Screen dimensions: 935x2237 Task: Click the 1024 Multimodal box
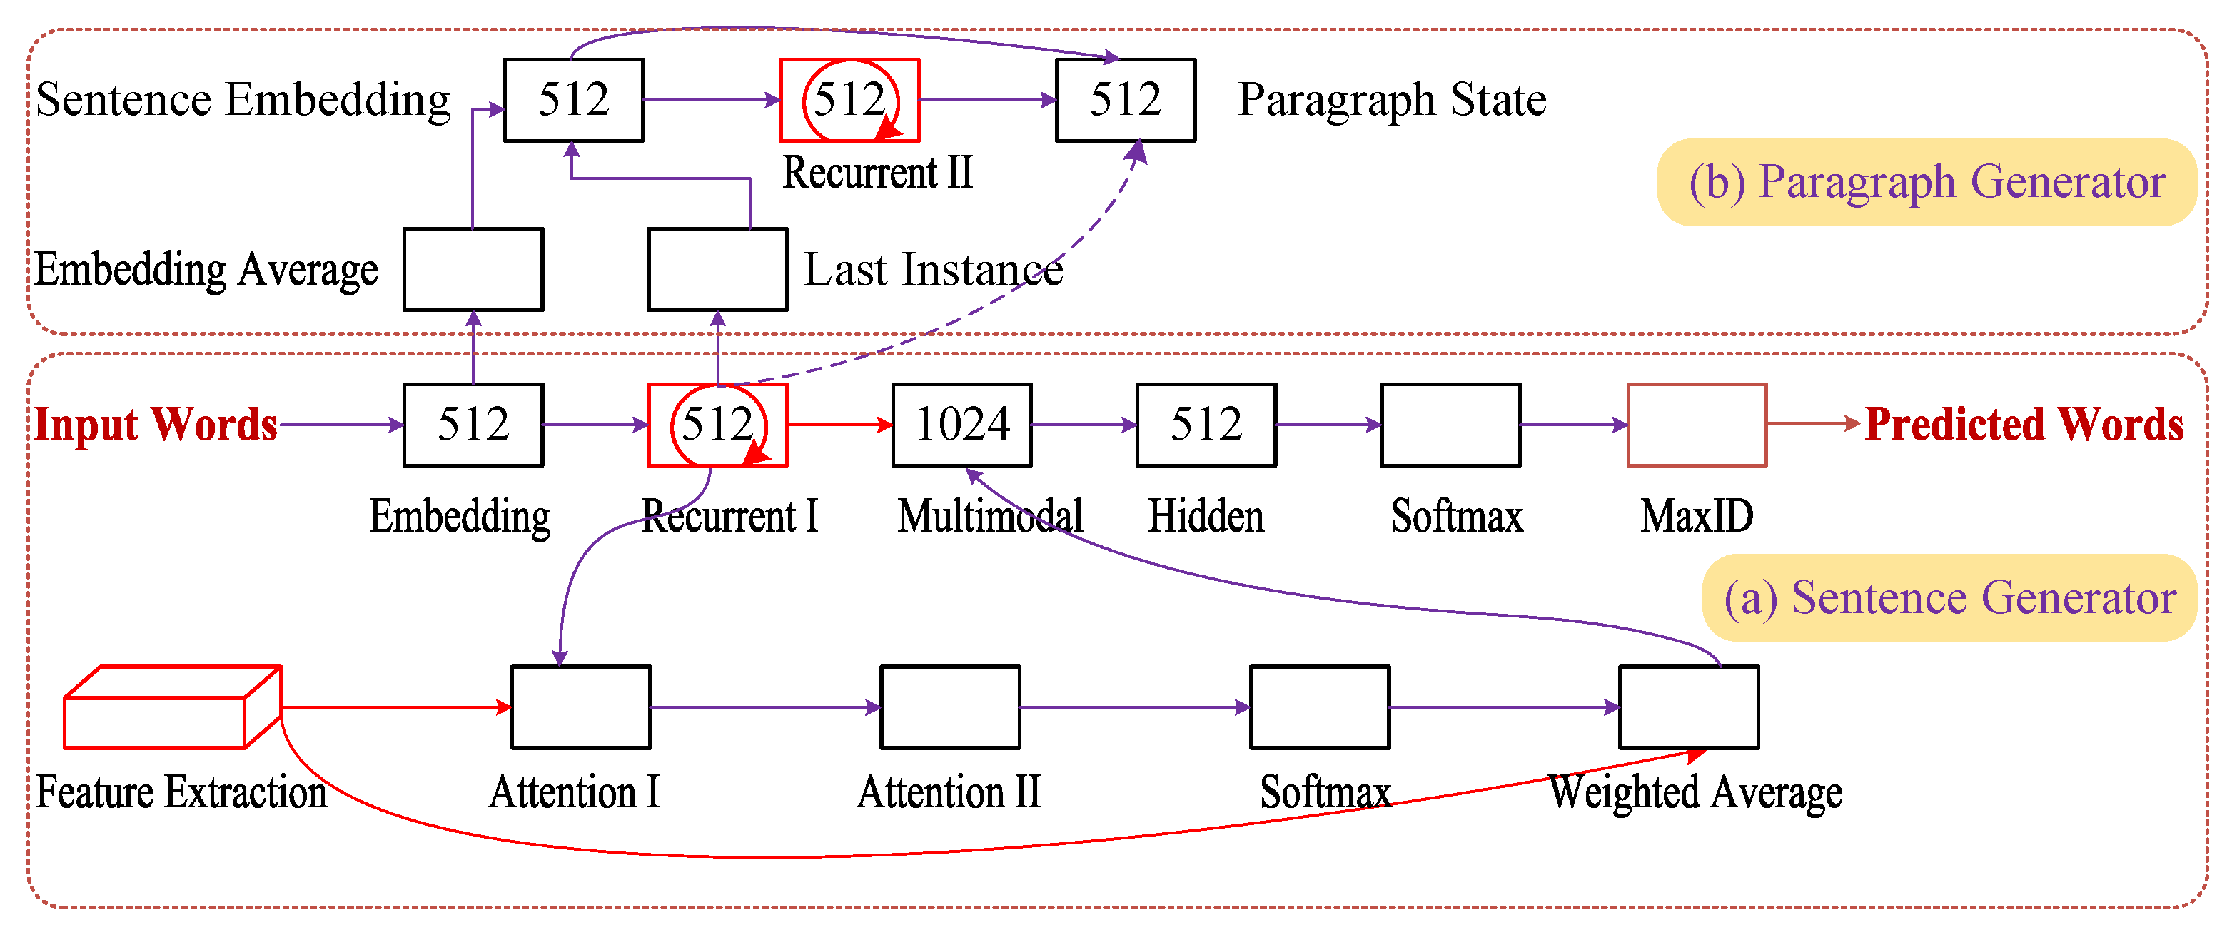click(x=961, y=425)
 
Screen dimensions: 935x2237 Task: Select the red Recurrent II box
click(x=849, y=100)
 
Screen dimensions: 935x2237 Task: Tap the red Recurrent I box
click(x=717, y=425)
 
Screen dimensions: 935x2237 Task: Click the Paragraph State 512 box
click(x=1125, y=100)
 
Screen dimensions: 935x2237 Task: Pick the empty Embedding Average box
click(x=473, y=269)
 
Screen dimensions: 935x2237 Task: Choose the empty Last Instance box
click(x=717, y=269)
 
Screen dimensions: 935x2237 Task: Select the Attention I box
click(x=581, y=707)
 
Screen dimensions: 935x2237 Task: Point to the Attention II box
click(x=950, y=707)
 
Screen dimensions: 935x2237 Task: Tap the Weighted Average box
click(x=1688, y=707)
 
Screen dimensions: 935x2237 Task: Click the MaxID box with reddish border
click(x=1696, y=425)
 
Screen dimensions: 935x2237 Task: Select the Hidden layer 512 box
click(x=1206, y=425)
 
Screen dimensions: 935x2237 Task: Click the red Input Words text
click(x=156, y=425)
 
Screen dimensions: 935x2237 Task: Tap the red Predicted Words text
click(x=2024, y=425)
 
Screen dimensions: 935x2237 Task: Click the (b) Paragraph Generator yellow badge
click(x=1926, y=182)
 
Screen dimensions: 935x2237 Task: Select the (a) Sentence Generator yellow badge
click(x=1949, y=597)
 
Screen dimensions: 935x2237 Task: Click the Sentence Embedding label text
click(x=243, y=100)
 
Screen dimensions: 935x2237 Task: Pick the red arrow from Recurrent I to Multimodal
click(x=839, y=425)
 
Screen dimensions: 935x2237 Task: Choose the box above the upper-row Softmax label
click(x=1450, y=425)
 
